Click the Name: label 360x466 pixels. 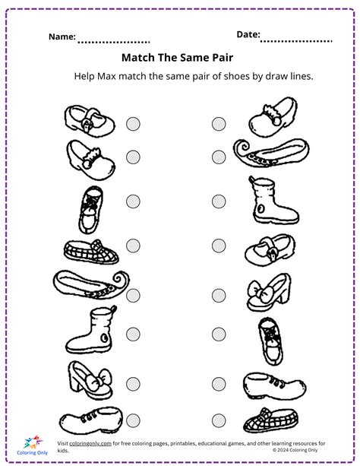tap(62, 36)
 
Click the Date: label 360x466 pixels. tap(248, 34)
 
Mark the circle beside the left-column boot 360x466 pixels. tap(133, 332)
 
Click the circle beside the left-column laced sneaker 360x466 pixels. tap(133, 201)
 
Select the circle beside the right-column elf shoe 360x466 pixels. tap(219, 157)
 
